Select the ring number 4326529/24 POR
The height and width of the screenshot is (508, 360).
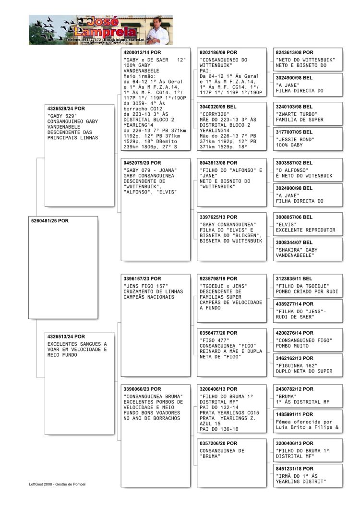(x=66, y=109)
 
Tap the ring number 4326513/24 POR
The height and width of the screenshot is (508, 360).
(x=66, y=337)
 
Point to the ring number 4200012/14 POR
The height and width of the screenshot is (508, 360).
(x=143, y=52)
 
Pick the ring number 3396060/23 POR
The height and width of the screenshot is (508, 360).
(x=143, y=389)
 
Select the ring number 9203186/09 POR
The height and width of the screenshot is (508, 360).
(x=218, y=52)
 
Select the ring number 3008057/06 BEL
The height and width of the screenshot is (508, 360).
(x=294, y=217)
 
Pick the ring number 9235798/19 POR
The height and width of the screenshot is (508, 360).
(x=218, y=278)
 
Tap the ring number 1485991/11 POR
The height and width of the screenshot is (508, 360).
(x=294, y=414)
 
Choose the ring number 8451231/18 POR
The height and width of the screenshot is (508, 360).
(x=294, y=468)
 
